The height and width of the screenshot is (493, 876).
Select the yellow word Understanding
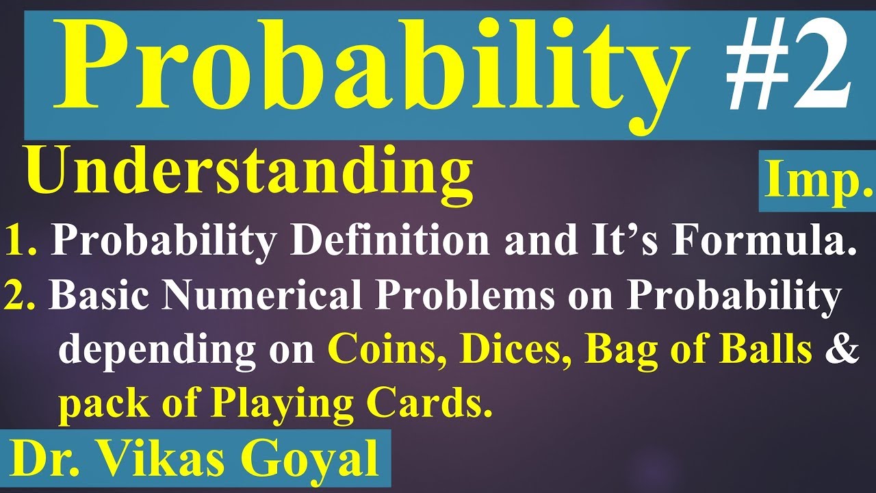pos(250,175)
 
